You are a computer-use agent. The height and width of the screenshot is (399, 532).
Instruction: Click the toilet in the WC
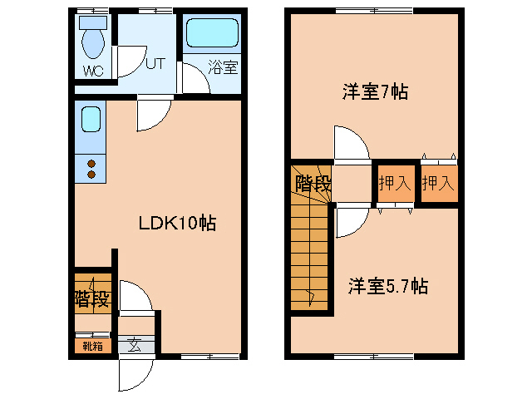[92, 37]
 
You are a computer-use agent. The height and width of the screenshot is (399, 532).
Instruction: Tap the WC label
[92, 70]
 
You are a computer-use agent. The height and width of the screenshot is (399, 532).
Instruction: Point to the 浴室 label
[223, 67]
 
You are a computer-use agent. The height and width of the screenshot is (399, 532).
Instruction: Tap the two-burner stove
[91, 169]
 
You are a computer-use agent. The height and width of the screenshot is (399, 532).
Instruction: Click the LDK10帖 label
[177, 223]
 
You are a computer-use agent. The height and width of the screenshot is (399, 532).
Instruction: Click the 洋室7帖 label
[374, 91]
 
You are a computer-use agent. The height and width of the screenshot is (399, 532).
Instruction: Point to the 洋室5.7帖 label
[387, 287]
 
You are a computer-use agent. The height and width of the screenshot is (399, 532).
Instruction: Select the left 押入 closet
[395, 183]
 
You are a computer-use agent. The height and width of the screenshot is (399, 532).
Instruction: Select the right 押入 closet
[437, 183]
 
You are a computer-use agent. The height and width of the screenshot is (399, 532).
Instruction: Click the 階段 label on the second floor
[312, 184]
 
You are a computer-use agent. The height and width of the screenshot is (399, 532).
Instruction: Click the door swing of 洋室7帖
[350, 143]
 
